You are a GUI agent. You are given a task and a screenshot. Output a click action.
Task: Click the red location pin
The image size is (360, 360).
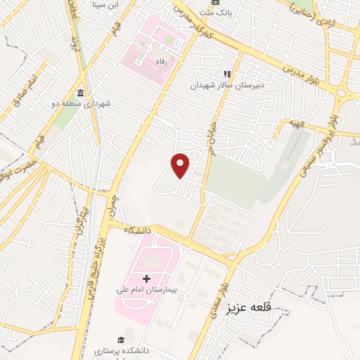(x=181, y=165)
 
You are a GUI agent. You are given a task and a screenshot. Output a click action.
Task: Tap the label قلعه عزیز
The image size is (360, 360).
(x=249, y=307)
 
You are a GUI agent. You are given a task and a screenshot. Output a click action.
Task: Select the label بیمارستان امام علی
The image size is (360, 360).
(x=147, y=290)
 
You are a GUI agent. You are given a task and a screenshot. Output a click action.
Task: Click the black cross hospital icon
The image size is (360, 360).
(x=146, y=279)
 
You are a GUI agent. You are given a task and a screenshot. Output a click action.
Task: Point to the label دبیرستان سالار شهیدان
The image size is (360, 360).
(x=226, y=85)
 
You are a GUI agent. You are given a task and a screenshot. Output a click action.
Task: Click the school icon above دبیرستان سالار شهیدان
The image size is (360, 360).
(x=226, y=74)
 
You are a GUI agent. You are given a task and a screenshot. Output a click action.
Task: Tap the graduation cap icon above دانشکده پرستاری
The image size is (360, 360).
(x=104, y=340)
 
